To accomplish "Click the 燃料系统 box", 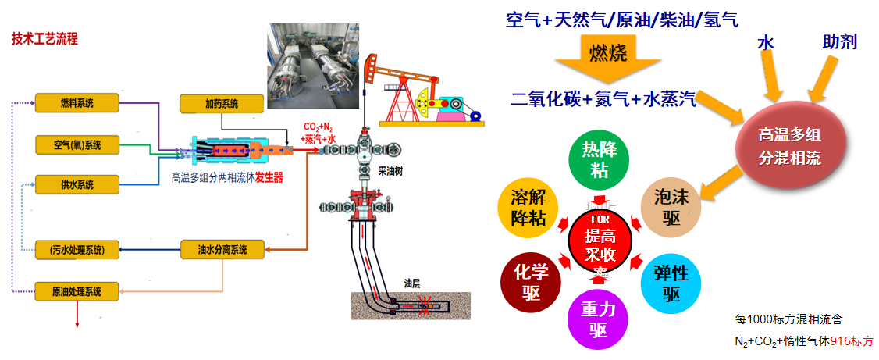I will point(77,103).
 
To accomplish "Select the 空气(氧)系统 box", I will point(77,144).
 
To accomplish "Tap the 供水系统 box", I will point(77,185).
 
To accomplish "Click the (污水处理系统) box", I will point(77,250).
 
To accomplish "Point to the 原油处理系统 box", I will point(77,291).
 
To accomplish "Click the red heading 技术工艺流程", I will point(44,38).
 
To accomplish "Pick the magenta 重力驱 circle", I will point(599,319).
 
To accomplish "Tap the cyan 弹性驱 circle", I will point(671,281).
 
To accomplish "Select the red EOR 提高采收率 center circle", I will point(599,240).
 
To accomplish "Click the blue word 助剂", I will point(839,41).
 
